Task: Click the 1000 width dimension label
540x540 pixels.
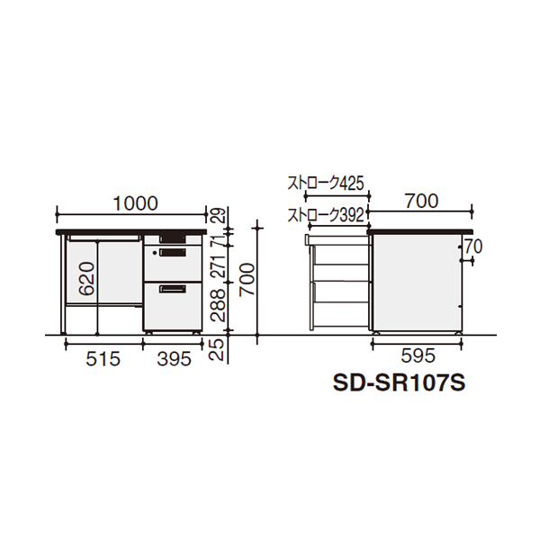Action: click(x=136, y=203)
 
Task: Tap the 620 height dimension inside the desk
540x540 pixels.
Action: click(x=86, y=279)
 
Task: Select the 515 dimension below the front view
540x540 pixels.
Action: click(x=103, y=359)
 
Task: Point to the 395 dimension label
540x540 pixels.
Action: click(x=174, y=359)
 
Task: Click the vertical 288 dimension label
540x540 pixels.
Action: click(x=218, y=305)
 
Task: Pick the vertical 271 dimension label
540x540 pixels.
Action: click(x=218, y=267)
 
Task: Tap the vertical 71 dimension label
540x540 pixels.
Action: click(x=218, y=239)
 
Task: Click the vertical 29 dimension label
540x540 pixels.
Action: click(x=218, y=216)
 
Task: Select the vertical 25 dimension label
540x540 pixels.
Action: click(x=218, y=349)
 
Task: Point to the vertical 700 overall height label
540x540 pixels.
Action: click(x=247, y=279)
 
